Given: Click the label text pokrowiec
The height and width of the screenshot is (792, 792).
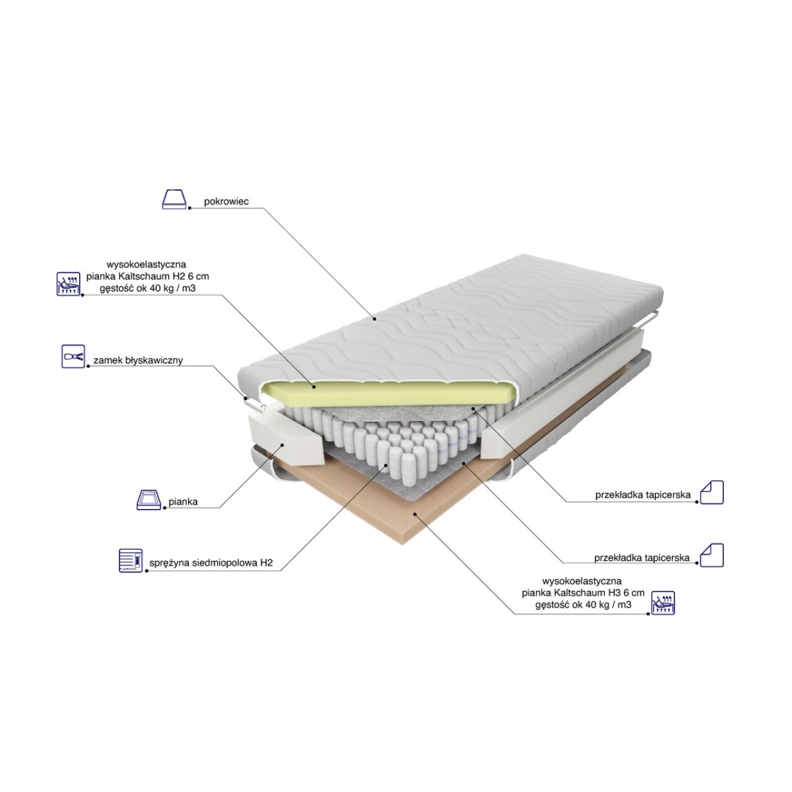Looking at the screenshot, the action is tap(226, 202).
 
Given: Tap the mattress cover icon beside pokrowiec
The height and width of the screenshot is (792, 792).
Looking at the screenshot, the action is tap(174, 199).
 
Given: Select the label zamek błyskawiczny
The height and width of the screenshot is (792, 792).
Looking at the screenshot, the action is tap(138, 360).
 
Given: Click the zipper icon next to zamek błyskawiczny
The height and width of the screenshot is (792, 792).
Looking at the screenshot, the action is tap(73, 356).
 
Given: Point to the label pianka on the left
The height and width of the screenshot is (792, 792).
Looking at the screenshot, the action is tap(183, 502).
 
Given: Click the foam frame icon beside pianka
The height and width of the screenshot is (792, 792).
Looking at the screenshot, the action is tap(148, 500).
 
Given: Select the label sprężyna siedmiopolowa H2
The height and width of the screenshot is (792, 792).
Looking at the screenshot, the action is tap(211, 563).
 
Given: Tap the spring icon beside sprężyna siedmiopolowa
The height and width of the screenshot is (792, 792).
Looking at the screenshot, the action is tap(131, 560).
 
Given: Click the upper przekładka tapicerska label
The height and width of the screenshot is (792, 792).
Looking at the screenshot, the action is tap(643, 495).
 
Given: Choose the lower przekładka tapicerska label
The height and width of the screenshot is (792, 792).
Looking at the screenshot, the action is tap(642, 558).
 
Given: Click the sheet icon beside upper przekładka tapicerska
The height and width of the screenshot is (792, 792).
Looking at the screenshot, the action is tap(711, 492).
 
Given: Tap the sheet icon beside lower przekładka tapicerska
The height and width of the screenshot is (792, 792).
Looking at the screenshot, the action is tap(711, 555).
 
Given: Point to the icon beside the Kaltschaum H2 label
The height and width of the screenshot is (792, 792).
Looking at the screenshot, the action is tap(68, 284).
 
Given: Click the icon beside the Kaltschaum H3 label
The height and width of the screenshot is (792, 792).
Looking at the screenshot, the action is tap(663, 603).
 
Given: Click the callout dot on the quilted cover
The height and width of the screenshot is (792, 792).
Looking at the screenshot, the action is tap(374, 319).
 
